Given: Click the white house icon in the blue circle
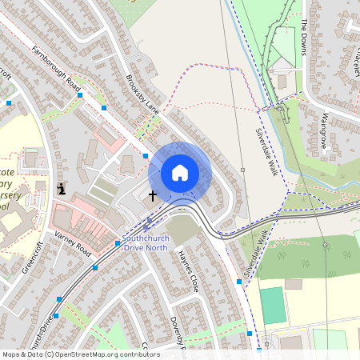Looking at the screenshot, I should coord(180,173).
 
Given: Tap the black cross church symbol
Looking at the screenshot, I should coord(152,194).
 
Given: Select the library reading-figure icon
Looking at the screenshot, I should coord(62,190).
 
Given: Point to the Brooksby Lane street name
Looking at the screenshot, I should coord(142,94).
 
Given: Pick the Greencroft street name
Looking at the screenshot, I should coord(32,258).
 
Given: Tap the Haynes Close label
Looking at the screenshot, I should coord(187,270).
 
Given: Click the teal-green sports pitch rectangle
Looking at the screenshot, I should coord(273,306).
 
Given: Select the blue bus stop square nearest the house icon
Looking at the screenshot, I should coord(145,156).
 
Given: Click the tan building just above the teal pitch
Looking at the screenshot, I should coord(293,283).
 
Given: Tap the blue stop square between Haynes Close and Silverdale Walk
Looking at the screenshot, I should coord(239,282).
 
